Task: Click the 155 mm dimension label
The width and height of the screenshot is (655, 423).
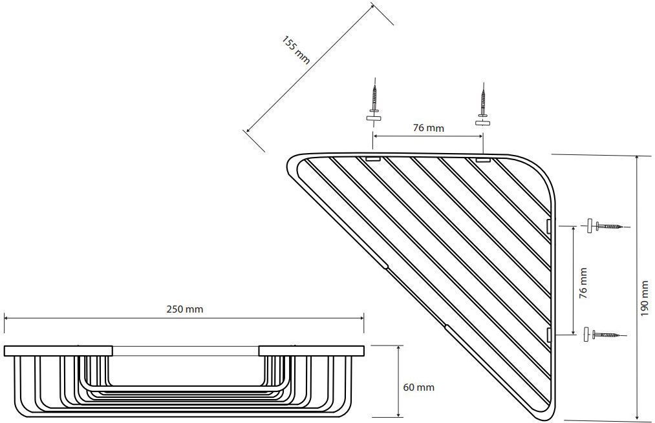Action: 296,50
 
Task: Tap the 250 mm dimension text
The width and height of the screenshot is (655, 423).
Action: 185,309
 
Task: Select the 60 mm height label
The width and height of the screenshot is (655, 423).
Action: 418,387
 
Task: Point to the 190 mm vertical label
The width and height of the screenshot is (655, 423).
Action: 645,298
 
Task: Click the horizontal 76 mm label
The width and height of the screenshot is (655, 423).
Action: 429,128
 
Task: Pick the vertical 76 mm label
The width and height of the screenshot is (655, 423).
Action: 583,283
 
